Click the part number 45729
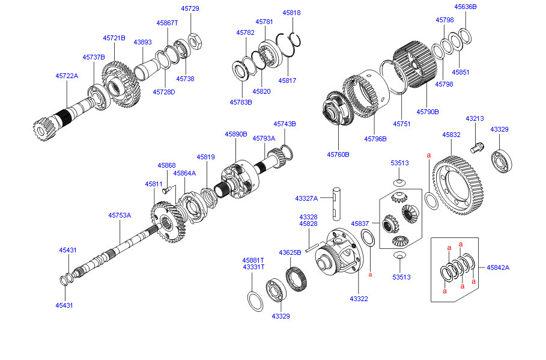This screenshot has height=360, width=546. click(x=190, y=8)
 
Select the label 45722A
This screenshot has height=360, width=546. click(x=67, y=76)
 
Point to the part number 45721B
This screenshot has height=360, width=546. click(x=114, y=38)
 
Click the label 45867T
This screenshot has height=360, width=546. click(x=168, y=23)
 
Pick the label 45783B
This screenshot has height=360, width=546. click(x=240, y=102)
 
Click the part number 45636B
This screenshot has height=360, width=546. click(x=465, y=7)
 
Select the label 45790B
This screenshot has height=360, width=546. click(x=427, y=111)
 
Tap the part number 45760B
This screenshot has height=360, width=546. click(x=338, y=154)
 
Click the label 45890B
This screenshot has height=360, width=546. click(x=236, y=135)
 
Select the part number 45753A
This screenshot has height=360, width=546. click(x=120, y=215)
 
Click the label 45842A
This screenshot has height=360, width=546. click(x=498, y=267)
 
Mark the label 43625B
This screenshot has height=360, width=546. click(x=290, y=252)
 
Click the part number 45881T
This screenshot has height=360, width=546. click(x=253, y=260)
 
